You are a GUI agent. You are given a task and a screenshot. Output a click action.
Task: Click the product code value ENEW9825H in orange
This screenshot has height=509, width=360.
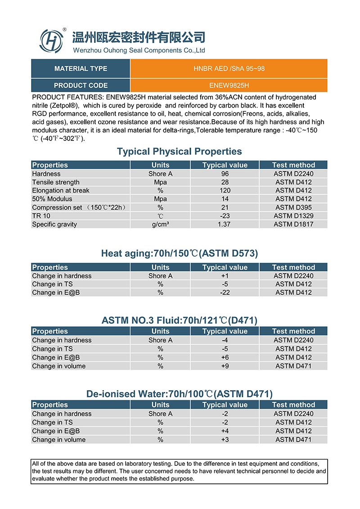coord(229,86)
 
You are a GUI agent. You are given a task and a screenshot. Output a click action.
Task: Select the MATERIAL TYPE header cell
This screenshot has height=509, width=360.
coord(81,69)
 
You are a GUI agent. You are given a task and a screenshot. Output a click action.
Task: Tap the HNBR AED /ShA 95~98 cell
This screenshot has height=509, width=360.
coord(229,69)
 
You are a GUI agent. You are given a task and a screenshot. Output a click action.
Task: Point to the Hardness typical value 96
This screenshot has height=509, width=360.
coord(225,174)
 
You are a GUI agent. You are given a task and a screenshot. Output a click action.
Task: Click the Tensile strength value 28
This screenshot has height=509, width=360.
coord(225,182)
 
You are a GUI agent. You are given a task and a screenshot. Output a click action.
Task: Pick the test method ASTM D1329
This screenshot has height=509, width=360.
coord(293,216)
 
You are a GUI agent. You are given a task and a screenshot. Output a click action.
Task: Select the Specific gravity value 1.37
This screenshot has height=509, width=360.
coord(225,225)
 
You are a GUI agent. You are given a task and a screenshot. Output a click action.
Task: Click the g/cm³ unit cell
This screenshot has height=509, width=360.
coord(160,225)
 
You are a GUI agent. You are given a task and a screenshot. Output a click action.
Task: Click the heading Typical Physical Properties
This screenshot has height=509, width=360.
coord(179,152)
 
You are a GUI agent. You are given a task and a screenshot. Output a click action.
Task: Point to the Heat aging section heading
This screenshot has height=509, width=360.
coord(179,254)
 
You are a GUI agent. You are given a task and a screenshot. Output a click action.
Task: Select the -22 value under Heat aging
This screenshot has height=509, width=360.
coord(225,293)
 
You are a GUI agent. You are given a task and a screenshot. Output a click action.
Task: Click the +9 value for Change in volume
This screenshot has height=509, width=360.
coord(225,366)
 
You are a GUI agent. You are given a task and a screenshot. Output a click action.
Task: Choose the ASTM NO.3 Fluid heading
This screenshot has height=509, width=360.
coord(179,320)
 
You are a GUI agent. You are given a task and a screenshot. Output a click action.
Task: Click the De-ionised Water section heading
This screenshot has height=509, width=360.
coord(179,394)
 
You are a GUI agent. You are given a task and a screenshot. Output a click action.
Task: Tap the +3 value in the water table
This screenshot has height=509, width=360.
coord(225,440)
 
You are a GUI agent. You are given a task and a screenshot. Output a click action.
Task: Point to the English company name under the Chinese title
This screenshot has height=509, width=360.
coord(139,50)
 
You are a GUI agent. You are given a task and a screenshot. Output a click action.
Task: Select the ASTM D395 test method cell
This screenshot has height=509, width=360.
coord(293,207)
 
